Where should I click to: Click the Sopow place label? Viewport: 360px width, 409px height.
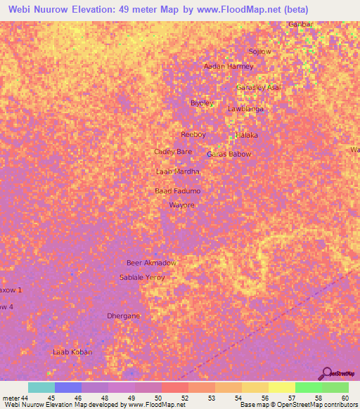coord(259,52)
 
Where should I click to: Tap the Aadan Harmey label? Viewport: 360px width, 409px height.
coord(228,67)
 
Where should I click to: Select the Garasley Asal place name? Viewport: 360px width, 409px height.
coord(258,87)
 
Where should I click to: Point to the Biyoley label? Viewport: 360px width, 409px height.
coord(202,103)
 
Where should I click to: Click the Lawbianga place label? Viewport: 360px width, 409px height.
coord(245,109)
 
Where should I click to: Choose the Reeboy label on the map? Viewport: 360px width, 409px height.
coord(193,134)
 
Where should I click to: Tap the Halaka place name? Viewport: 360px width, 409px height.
coord(247,135)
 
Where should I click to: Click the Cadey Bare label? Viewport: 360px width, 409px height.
coord(173,152)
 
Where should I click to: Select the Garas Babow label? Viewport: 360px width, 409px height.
coord(229,154)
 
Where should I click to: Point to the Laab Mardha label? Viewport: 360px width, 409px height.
coord(177,171)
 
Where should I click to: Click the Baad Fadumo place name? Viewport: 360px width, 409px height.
coord(178,191)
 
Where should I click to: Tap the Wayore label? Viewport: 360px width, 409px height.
coord(181,205)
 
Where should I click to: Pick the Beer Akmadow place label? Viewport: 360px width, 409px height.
coord(150,263)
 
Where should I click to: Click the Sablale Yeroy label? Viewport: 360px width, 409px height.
coord(142,278)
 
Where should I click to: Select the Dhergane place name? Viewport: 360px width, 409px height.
coord(124,316)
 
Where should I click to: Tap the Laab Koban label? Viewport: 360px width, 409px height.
coord(72,351)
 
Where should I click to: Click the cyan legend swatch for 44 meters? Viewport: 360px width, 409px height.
coord(41,388)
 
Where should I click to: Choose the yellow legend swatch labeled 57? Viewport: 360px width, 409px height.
coord(281,388)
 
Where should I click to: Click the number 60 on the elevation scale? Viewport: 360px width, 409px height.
coord(345,398)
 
